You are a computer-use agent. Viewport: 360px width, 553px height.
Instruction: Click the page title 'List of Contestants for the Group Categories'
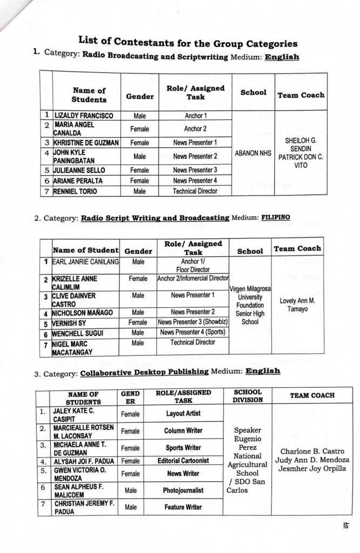188,42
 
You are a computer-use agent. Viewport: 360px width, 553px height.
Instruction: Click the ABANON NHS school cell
253,153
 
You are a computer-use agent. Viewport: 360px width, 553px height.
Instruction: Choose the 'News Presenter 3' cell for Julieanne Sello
195,170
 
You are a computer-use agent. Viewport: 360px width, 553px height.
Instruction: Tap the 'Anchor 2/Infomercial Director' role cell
193,279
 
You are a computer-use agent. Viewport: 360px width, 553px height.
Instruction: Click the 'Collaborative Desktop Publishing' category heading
145,371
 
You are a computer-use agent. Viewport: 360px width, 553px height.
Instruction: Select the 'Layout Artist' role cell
182,413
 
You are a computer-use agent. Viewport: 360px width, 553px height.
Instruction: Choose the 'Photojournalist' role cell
183,490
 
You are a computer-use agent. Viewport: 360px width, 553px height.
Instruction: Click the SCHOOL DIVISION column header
248,396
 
